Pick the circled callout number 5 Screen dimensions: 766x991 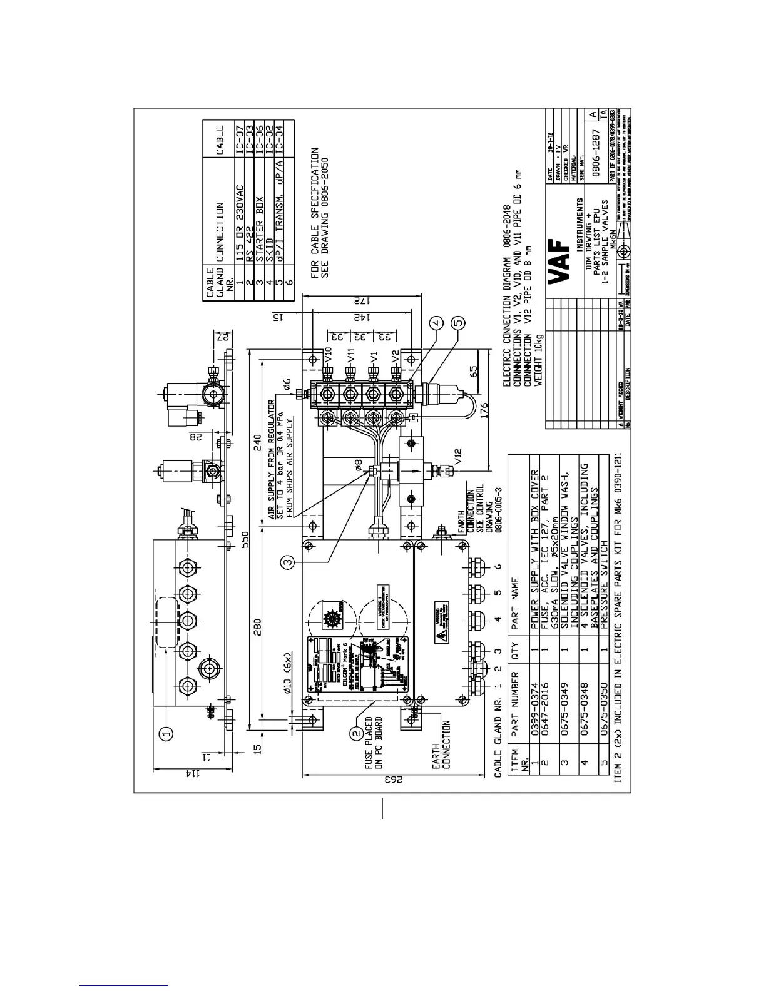pos(459,322)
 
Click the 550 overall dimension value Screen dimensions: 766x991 pos(245,539)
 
